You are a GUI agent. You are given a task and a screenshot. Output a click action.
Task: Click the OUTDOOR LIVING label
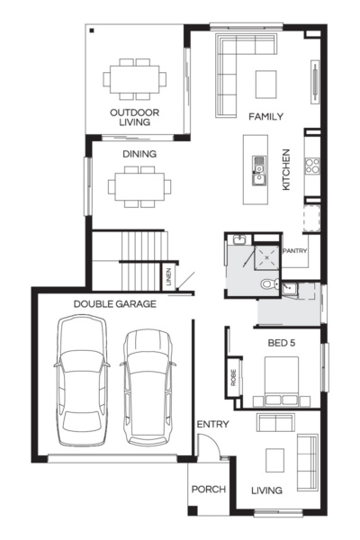pyautogui.click(x=135, y=117)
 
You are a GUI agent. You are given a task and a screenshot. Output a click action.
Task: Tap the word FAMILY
pyautogui.click(x=266, y=116)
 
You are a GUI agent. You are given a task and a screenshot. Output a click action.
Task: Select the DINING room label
pyautogui.click(x=139, y=154)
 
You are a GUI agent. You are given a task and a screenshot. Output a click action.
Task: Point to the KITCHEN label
pyautogui.click(x=286, y=168)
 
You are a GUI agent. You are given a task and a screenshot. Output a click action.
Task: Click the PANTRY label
pyautogui.click(x=296, y=251)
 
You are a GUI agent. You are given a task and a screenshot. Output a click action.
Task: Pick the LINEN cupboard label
pyautogui.click(x=168, y=278)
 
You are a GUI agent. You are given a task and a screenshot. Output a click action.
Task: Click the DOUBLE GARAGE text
pyautogui.click(x=114, y=304)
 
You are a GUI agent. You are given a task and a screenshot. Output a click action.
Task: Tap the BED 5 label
pyautogui.click(x=283, y=343)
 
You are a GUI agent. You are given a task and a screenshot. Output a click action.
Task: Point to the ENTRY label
pyautogui.click(x=212, y=424)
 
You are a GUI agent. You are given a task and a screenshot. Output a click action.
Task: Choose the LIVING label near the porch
pyautogui.click(x=266, y=490)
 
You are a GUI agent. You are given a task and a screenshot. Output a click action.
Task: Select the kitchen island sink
pyautogui.click(x=259, y=164)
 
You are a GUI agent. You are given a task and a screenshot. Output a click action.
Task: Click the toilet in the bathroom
pyautogui.click(x=268, y=285)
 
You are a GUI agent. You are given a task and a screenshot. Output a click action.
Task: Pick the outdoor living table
pyautogui.click(x=135, y=78)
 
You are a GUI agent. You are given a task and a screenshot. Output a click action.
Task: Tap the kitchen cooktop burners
pyautogui.click(x=313, y=165)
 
